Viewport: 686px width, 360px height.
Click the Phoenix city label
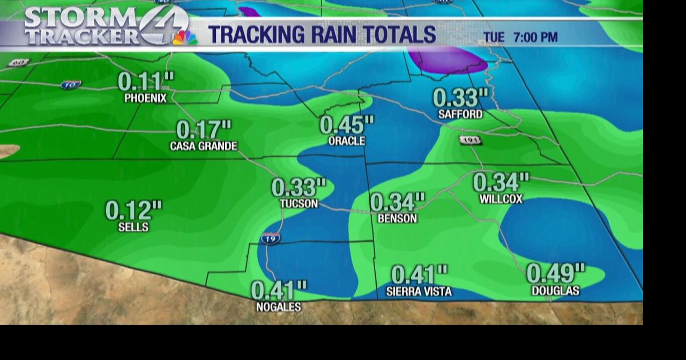(145, 98)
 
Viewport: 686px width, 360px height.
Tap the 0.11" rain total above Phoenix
(145, 81)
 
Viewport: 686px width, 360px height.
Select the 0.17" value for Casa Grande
(204, 130)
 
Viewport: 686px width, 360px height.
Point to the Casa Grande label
(204, 146)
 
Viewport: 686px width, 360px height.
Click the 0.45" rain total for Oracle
(347, 125)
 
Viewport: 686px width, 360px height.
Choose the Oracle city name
(347, 140)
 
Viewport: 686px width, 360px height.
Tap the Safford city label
(460, 114)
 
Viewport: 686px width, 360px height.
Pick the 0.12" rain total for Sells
(133, 210)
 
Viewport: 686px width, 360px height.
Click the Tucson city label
(299, 204)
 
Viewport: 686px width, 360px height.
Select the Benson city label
(397, 219)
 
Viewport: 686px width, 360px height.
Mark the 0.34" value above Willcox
(501, 182)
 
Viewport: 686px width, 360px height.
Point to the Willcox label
(501, 199)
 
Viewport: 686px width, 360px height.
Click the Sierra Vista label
(419, 291)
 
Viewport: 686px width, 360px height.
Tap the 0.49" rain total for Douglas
(556, 273)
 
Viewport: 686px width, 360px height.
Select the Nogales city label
(279, 307)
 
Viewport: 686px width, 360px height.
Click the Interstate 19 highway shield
(271, 238)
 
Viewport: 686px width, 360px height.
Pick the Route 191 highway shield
(470, 140)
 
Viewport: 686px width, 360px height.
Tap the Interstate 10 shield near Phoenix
(71, 85)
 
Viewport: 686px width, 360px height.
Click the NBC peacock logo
(184, 37)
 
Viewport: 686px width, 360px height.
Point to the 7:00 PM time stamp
(535, 37)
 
